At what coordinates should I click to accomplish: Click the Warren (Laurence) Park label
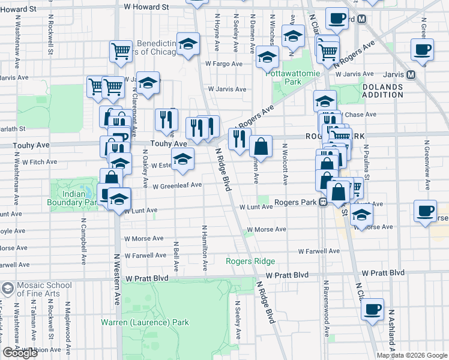145,322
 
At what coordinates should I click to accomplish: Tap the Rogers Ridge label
250,261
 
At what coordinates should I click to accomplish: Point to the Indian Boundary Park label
79,198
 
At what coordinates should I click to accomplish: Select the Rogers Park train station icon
322,202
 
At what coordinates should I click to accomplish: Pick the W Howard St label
146,7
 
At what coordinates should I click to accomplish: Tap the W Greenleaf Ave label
176,185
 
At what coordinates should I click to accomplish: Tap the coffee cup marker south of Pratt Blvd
373,308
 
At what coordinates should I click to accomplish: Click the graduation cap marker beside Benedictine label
188,45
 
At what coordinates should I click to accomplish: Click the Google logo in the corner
20,353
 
